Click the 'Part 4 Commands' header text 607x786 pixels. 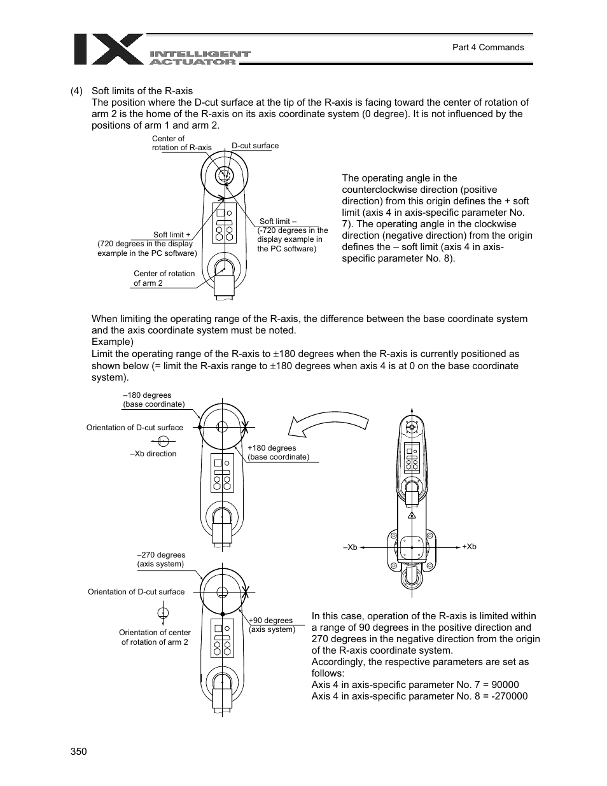coord(487,47)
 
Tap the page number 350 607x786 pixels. coord(79,751)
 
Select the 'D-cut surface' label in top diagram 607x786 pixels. coord(255,146)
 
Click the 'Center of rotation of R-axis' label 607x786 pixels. coord(181,143)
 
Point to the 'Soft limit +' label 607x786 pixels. coord(172,235)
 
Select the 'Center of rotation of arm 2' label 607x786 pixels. coord(164,278)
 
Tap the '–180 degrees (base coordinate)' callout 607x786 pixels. coord(153,400)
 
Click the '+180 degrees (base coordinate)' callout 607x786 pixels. coord(278,453)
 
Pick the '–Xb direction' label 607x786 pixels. coord(153,454)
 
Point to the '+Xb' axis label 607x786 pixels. coord(469,547)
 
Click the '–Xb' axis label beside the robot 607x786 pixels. coord(350,547)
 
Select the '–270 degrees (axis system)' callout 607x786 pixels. coord(161,559)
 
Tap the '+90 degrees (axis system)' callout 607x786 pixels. coord(271,624)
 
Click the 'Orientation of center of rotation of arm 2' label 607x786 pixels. coord(155,637)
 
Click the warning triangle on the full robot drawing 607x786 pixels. coord(412,515)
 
